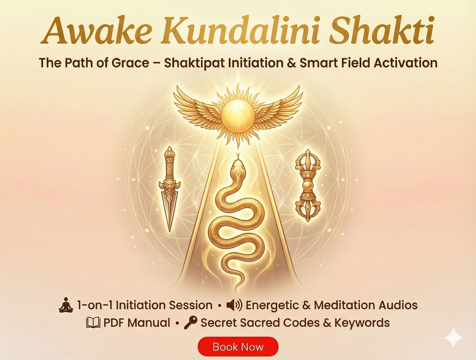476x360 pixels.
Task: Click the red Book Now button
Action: pos(238,347)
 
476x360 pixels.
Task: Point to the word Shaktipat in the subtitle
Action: pos(194,63)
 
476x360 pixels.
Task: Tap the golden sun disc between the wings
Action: pos(238,115)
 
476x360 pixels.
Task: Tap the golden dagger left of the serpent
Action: pos(170,187)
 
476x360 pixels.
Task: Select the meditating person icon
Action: pos(66,305)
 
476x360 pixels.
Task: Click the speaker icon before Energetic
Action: pos(234,305)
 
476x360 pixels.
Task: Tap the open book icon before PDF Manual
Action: pos(93,323)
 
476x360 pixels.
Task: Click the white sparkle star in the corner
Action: pos(453,338)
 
